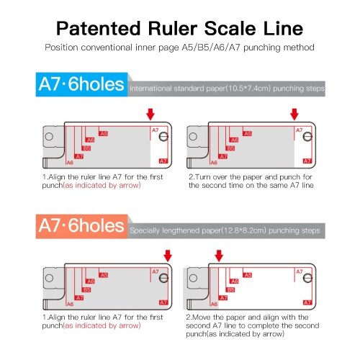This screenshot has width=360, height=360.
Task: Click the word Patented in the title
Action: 99,29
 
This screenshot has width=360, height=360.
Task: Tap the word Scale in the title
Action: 230,29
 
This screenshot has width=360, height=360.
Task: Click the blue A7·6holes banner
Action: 81,84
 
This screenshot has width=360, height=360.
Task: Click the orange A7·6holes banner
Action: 81,226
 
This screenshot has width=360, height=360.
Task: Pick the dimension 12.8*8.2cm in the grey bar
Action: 243,230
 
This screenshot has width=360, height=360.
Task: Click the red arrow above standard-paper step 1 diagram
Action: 150,114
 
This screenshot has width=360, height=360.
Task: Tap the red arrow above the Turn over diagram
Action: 294,114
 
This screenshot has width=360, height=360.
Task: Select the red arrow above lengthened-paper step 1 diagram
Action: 168,256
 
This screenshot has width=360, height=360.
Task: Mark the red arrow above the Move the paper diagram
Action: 219,256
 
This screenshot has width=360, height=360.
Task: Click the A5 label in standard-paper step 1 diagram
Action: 104,133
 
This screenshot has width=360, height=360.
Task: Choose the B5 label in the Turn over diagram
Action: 230,148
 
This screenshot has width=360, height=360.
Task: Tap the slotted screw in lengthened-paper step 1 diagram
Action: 163,278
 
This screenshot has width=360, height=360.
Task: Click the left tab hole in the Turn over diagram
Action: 193,137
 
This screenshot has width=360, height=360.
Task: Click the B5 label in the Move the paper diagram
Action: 230,289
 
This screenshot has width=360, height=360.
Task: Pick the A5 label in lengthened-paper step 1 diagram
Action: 104,275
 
